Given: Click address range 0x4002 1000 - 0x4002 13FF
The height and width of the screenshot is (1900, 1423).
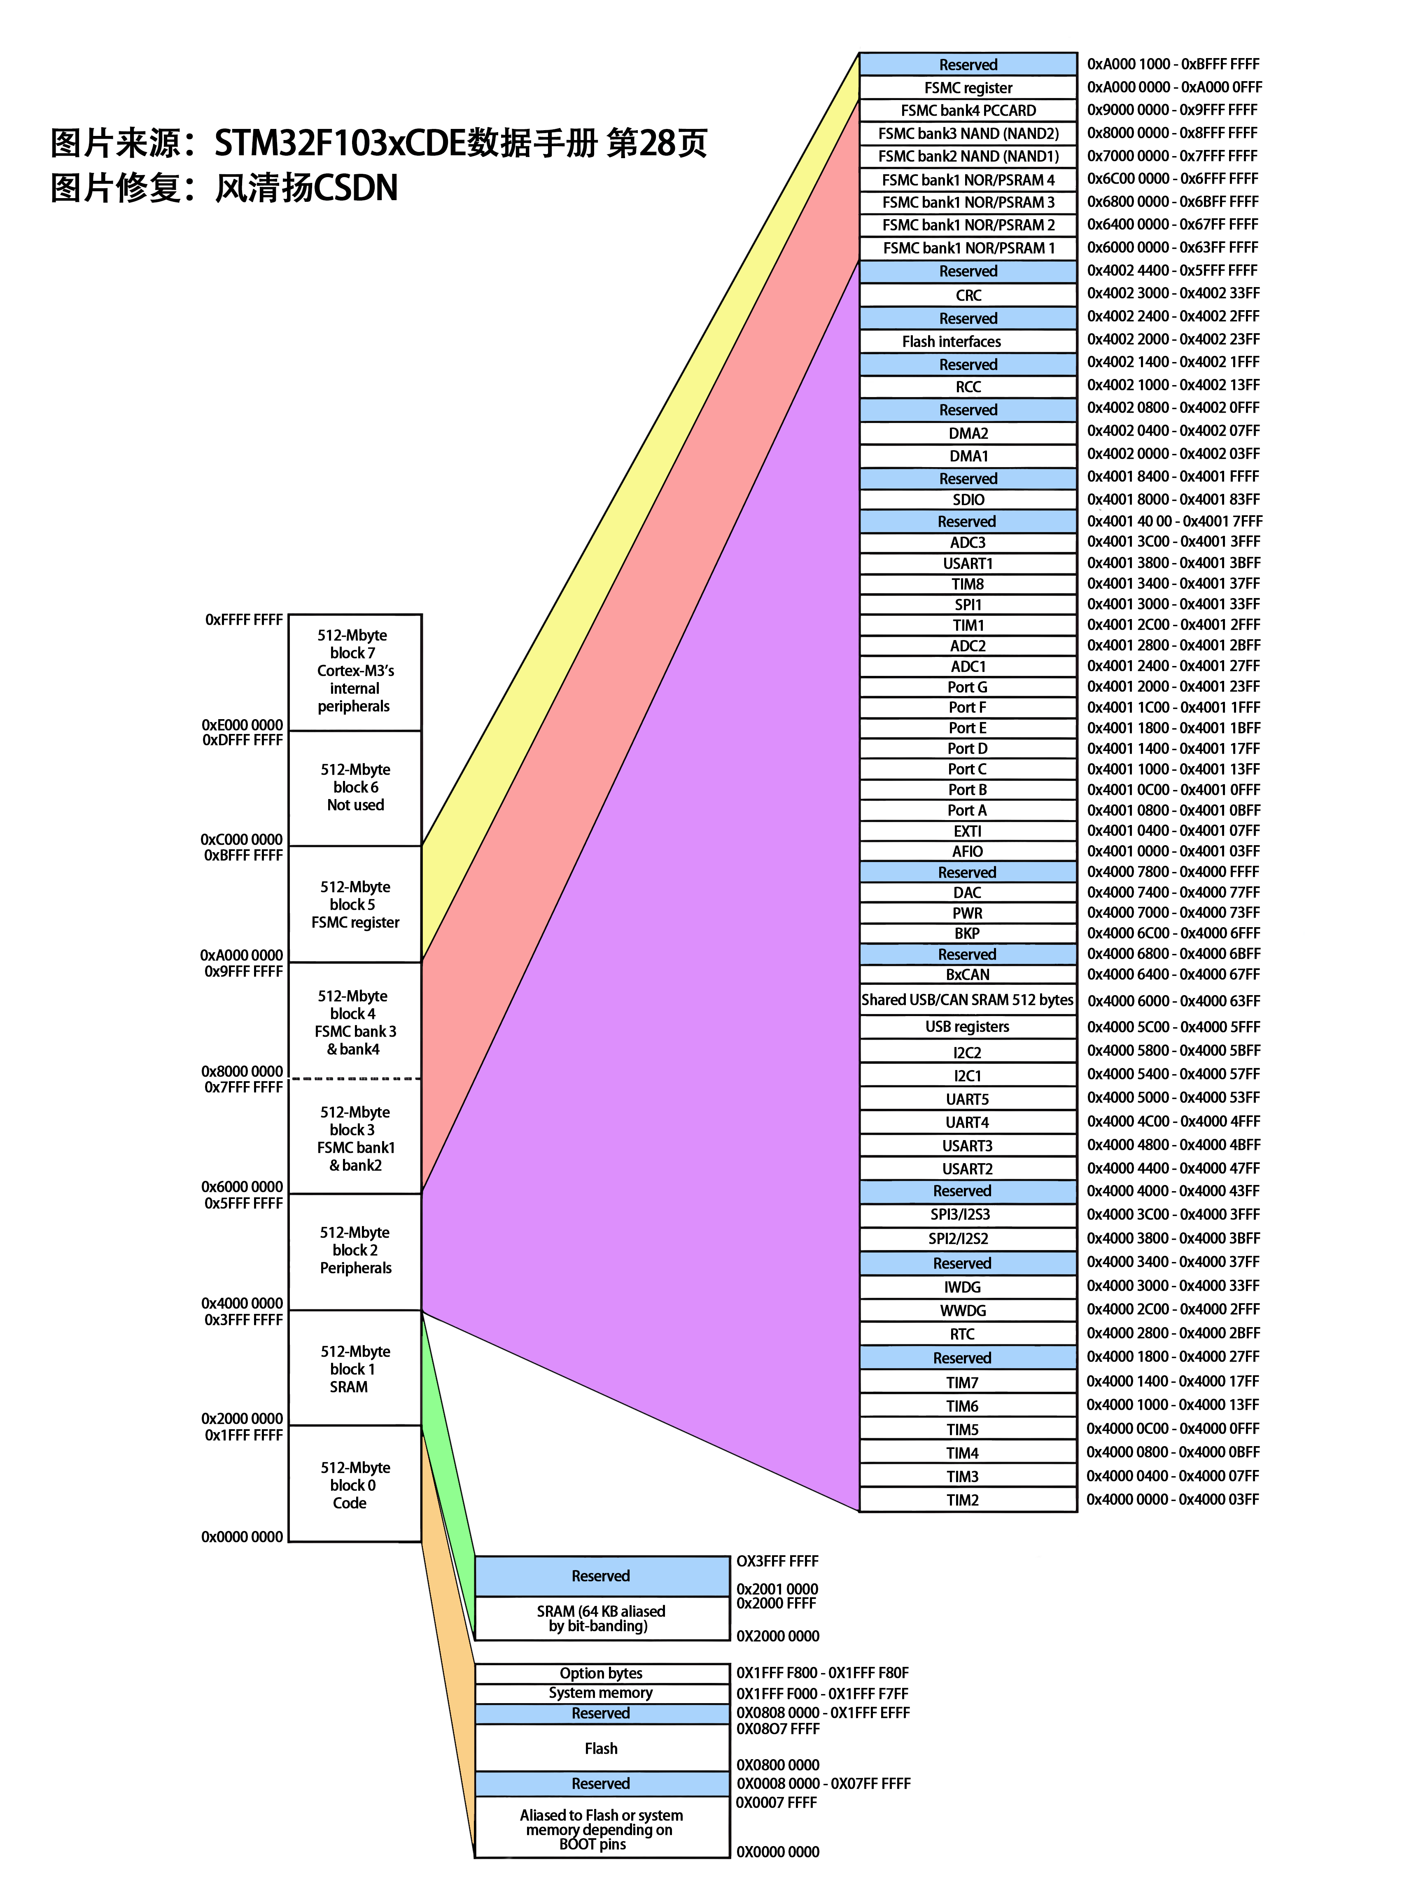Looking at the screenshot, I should (x=1173, y=385).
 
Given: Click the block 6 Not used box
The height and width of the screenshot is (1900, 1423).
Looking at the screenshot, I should (x=355, y=788).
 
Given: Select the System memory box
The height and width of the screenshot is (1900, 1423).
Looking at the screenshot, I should (x=601, y=1693).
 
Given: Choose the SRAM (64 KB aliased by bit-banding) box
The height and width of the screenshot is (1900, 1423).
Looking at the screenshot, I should (x=601, y=1618).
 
